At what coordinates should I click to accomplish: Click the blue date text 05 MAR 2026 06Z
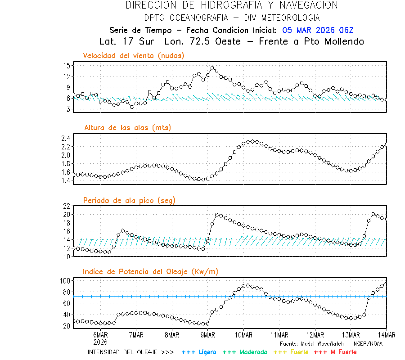(x=318, y=30)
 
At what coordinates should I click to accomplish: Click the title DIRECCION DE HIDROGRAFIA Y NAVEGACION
(x=232, y=5)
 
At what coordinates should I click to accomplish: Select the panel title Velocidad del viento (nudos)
(x=134, y=55)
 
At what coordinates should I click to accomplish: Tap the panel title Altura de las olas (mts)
(x=128, y=127)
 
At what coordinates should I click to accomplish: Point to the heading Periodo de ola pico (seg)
(x=129, y=200)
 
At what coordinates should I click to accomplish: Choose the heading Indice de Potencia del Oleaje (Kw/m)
(x=150, y=271)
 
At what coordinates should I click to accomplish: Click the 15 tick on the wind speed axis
(x=66, y=65)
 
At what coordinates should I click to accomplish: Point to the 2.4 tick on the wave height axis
(x=65, y=138)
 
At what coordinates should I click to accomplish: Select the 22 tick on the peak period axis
(x=66, y=206)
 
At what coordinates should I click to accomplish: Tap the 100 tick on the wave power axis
(x=64, y=281)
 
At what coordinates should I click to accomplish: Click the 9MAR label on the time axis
(x=207, y=335)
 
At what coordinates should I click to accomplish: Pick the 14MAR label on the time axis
(x=386, y=335)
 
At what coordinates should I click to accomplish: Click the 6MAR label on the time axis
(x=100, y=335)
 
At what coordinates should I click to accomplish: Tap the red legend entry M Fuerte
(x=336, y=352)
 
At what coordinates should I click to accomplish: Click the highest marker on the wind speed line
(x=212, y=68)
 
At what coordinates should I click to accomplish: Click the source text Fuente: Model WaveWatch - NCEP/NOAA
(x=331, y=343)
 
